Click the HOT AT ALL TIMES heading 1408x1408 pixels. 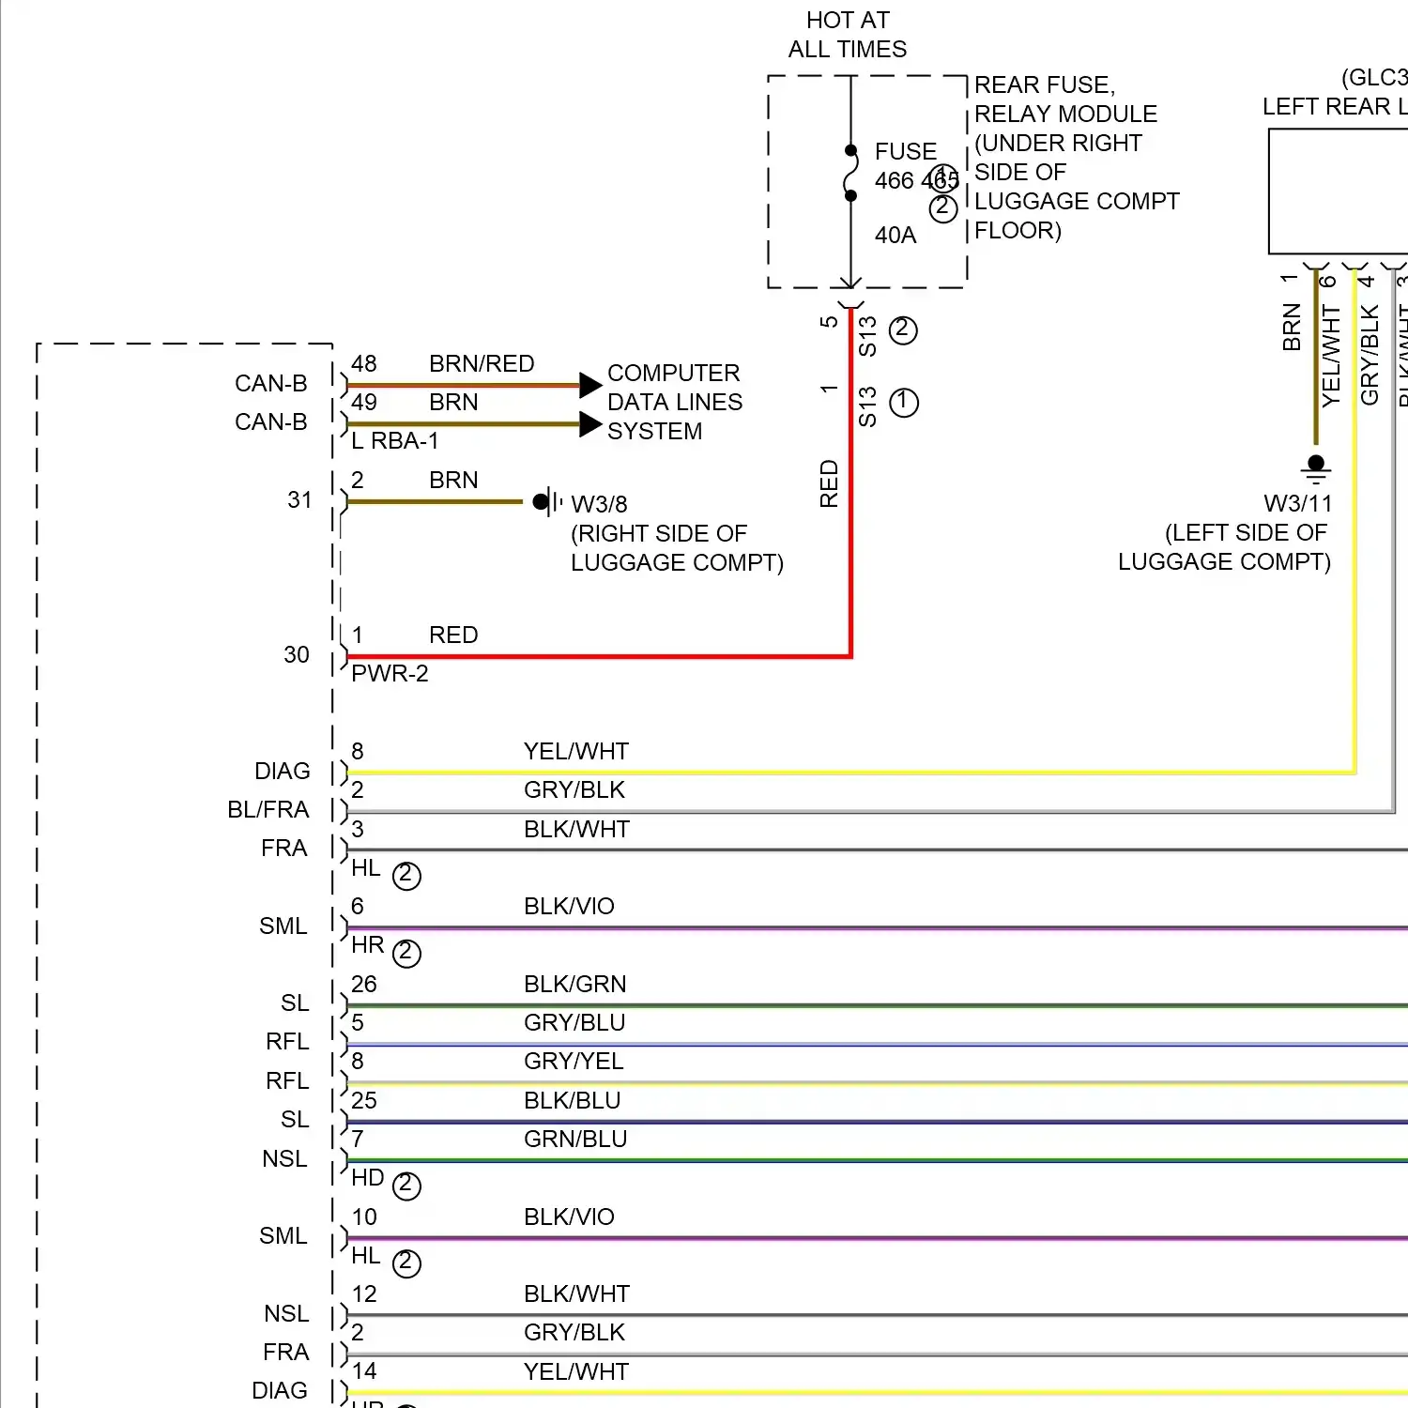tap(847, 35)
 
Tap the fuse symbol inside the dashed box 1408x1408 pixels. tap(850, 174)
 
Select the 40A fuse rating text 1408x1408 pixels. tap(895, 235)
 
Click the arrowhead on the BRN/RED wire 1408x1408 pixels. tap(590, 385)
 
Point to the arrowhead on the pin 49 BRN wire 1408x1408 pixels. tap(590, 424)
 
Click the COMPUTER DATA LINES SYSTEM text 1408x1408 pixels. tap(674, 402)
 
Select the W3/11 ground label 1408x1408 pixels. tap(1297, 503)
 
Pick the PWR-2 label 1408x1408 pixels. tap(390, 673)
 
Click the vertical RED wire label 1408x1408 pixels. tap(829, 483)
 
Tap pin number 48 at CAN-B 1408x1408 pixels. tap(364, 363)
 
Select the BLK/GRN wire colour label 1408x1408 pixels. tap(574, 984)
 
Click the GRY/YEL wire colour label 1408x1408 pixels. tap(574, 1061)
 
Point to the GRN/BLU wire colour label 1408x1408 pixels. tap(575, 1139)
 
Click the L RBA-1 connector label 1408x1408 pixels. tap(394, 440)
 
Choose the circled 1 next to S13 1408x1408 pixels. tap(903, 403)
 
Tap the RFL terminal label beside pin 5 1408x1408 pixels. tap(287, 1041)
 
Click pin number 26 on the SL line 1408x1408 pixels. tap(364, 984)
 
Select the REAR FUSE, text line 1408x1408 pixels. tap(1045, 84)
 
